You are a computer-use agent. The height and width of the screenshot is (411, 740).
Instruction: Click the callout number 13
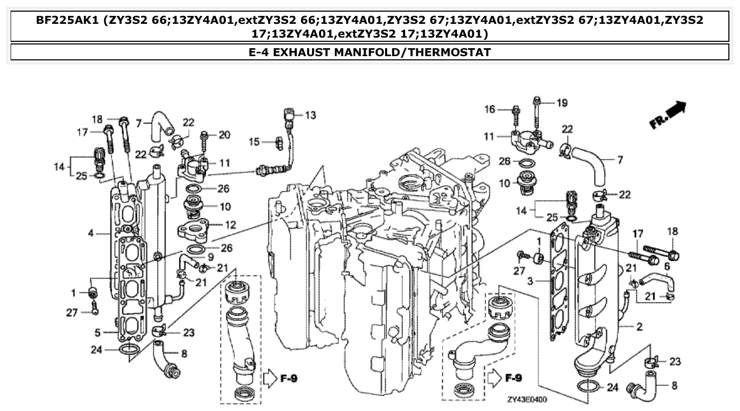[x=310, y=115]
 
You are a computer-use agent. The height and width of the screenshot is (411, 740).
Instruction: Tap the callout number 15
[x=254, y=141]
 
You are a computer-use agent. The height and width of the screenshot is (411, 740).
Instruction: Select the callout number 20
[x=224, y=135]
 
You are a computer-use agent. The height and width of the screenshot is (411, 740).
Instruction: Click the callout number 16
[x=490, y=109]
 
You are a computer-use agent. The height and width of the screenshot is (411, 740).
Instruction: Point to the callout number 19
[x=561, y=103]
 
